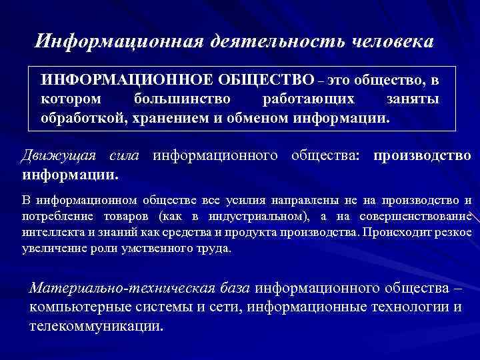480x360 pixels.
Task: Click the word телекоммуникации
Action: tap(96, 327)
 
